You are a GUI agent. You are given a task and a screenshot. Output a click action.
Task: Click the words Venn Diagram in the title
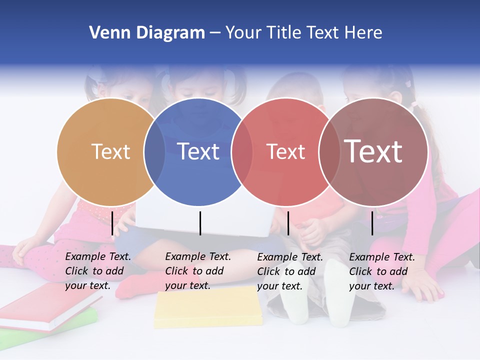pos(146,33)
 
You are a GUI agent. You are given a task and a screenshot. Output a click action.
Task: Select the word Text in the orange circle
pos(110,151)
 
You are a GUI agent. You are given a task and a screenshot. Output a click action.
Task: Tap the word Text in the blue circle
pos(198,151)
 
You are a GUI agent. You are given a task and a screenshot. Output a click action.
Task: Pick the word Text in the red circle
pos(285,151)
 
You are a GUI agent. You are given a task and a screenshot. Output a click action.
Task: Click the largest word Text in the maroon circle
pos(373,151)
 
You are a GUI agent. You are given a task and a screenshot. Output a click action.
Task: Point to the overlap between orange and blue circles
pos(154,152)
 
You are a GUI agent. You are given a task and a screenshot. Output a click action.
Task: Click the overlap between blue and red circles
pos(242,152)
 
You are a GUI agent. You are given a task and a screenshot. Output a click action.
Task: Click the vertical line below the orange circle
pos(112,223)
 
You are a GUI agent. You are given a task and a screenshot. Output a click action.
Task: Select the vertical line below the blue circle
pos(200,223)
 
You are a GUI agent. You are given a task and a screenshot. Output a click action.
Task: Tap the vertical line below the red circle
pos(288,223)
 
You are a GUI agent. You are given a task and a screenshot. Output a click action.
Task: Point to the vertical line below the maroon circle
pos(372,223)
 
